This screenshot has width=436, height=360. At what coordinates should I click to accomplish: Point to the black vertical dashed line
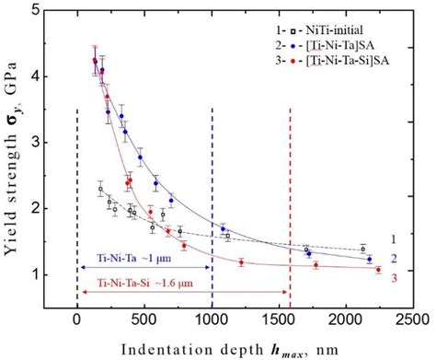pyautogui.click(x=76, y=184)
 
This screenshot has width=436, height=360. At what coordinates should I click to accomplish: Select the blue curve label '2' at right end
pyautogui.click(x=396, y=259)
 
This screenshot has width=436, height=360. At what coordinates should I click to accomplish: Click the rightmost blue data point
pyautogui.click(x=370, y=260)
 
